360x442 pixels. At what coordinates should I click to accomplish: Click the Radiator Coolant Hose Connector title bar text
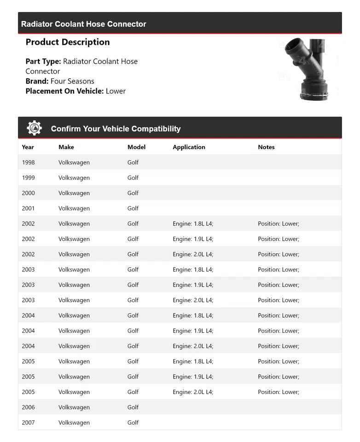tap(84, 24)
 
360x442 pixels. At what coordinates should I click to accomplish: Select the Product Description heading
tap(68, 42)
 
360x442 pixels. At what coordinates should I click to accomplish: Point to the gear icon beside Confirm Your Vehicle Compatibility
tap(34, 128)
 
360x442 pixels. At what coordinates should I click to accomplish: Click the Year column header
tap(28, 147)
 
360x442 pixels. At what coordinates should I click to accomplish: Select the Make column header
tap(66, 147)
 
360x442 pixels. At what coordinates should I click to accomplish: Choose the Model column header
tap(136, 147)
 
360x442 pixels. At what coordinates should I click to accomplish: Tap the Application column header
tap(189, 147)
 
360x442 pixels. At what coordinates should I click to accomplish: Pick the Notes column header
tap(266, 147)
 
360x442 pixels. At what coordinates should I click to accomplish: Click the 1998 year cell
tap(28, 163)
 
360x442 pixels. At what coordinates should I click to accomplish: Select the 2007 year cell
tap(28, 423)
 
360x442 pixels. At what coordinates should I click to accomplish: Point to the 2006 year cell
tap(28, 407)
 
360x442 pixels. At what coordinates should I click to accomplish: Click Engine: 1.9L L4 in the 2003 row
tap(193, 285)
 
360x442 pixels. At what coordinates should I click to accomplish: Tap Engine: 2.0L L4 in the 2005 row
tap(193, 392)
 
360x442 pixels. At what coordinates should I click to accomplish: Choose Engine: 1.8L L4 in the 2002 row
tap(193, 224)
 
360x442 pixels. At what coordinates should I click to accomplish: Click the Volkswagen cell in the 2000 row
tap(74, 193)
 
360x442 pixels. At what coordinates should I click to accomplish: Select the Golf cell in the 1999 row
tap(133, 178)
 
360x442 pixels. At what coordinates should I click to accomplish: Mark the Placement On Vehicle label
tap(64, 91)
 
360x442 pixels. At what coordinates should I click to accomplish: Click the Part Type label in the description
tap(43, 61)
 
